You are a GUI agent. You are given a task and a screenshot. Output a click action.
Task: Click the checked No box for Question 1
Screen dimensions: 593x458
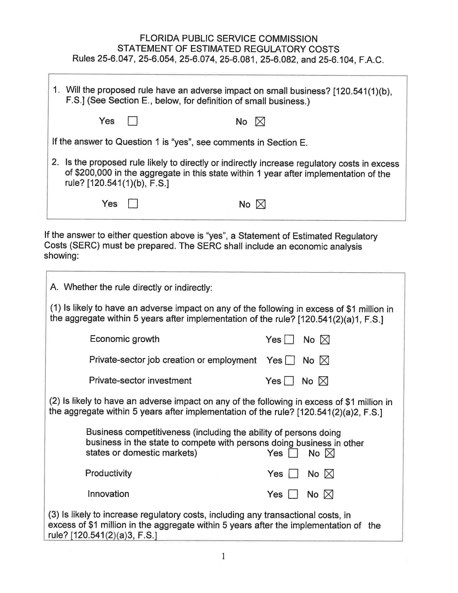260,121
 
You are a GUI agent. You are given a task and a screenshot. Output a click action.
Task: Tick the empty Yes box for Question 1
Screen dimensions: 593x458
132,121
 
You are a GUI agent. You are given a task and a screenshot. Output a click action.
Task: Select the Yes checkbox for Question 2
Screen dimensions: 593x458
133,204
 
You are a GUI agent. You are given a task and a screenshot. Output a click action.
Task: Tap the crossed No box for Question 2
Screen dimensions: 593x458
261,204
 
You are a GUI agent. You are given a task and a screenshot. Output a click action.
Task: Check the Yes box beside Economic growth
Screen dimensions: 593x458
289,340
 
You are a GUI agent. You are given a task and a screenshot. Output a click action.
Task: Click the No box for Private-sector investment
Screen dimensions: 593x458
323,381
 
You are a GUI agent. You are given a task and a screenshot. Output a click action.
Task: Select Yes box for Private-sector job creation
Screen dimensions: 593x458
290,360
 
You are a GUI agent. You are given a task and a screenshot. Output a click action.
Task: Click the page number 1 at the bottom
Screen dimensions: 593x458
223,556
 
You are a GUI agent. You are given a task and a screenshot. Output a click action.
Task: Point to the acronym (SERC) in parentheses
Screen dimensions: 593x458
85,245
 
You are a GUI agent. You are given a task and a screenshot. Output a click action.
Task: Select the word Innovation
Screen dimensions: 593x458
108,494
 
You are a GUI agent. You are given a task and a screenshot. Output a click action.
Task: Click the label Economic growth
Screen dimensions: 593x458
124,339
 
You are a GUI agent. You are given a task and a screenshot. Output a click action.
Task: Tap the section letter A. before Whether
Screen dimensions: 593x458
54,287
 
